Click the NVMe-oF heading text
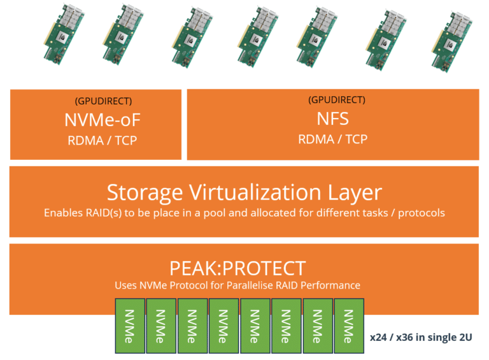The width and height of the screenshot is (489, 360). point(103,120)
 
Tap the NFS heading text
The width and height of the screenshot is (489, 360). point(333,119)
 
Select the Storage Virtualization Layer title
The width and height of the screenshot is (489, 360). point(244,192)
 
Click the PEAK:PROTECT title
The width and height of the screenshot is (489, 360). point(237,268)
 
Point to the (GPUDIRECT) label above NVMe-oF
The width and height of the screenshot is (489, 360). point(103,101)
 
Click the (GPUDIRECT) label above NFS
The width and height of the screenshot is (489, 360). point(337,100)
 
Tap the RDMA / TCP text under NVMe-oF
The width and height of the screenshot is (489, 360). point(103,140)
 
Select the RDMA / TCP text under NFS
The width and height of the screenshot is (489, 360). point(333,139)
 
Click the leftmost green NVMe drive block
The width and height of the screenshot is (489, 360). point(130,326)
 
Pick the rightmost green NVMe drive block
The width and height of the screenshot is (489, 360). point(349,326)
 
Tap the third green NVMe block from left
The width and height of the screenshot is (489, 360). point(192,326)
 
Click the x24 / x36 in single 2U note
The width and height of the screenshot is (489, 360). point(421,337)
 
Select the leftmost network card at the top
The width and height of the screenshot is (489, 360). point(64,34)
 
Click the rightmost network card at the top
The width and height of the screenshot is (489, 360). point(452,43)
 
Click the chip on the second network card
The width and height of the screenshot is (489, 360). point(121,37)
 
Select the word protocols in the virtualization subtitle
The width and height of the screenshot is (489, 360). point(422,213)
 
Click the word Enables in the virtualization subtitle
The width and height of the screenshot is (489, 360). point(64,213)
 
